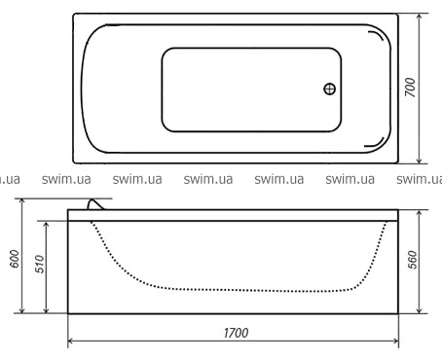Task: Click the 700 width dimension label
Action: (411, 88)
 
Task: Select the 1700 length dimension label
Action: (236, 333)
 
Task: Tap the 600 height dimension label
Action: (15, 259)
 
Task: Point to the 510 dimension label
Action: (39, 264)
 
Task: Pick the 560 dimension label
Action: (412, 260)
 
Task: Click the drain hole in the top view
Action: (330, 89)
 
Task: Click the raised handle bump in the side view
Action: (95, 205)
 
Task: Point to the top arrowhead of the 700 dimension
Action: (420, 17)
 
